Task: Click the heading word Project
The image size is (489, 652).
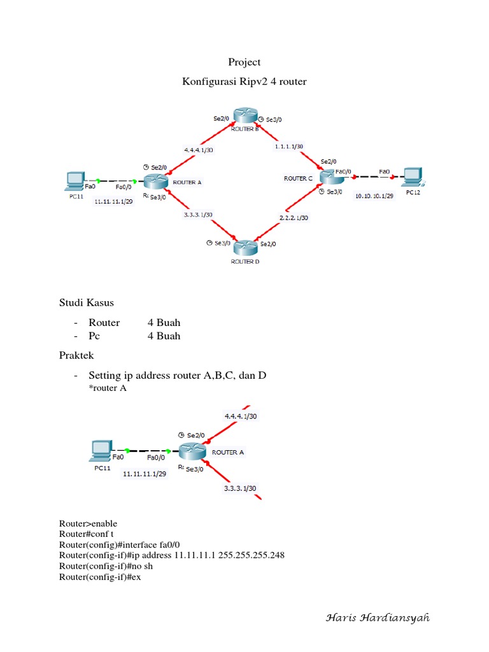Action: [244, 62]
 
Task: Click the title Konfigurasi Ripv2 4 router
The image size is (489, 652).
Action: [244, 82]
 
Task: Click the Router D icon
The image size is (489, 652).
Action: [244, 247]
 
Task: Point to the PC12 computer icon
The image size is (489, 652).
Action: [413, 176]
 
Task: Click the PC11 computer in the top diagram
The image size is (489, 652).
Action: [76, 181]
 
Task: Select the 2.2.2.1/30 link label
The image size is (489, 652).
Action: [294, 218]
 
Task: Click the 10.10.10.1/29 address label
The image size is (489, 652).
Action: [374, 196]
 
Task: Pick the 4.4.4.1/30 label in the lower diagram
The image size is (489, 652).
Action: [241, 416]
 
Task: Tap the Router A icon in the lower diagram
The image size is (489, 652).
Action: [191, 451]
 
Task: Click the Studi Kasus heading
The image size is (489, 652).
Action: [86, 302]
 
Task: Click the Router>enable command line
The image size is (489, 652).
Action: [89, 523]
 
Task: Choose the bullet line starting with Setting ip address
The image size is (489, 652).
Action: [177, 376]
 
